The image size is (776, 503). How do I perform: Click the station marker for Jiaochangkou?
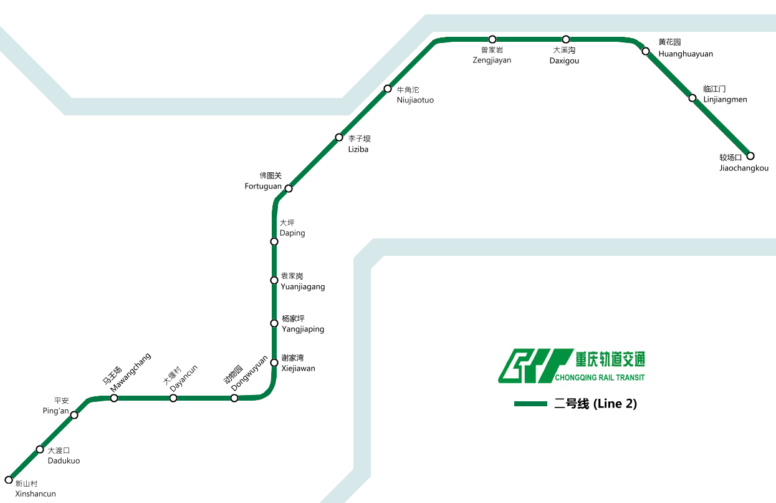750,156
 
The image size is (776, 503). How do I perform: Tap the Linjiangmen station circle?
692,98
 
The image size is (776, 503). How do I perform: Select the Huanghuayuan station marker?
646,51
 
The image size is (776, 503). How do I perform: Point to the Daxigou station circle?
566,39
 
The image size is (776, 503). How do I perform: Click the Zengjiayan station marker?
492,39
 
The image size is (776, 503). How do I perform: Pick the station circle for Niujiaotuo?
388,89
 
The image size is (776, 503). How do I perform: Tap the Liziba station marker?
339,137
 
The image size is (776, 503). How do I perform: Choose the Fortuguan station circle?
289,188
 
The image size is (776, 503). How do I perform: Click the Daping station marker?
274,242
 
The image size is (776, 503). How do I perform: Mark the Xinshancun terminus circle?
9,480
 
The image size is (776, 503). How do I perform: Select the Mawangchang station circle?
114,398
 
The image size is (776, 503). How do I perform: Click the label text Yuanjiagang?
303,287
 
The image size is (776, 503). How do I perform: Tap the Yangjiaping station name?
303,330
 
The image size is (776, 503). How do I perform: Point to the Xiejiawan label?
298,369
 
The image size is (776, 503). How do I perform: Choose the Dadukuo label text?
64,461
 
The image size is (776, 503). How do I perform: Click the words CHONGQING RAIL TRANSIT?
599,378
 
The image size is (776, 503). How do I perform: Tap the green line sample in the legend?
530,404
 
